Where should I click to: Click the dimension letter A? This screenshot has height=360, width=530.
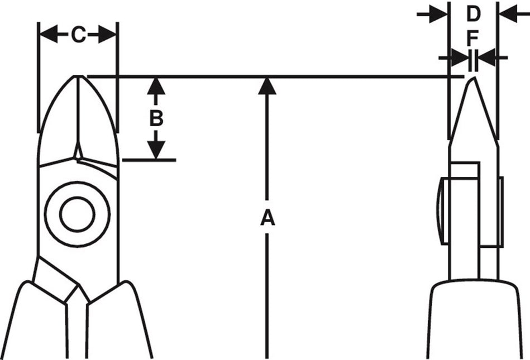tap(268, 218)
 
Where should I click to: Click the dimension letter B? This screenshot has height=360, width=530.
tap(156, 118)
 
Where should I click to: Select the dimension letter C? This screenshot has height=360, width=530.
tap(78, 35)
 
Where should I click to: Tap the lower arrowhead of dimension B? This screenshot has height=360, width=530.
tap(156, 150)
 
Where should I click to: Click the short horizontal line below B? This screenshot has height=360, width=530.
tap(149, 160)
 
